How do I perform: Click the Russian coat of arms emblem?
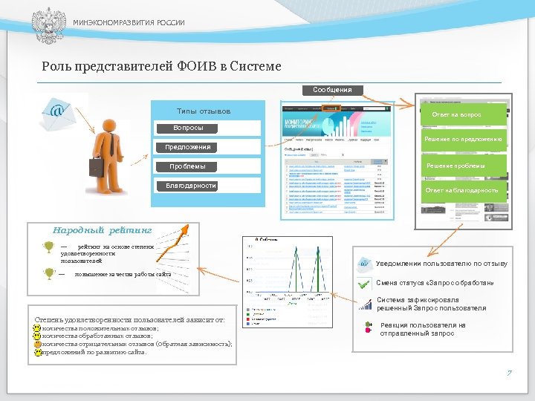[48, 23]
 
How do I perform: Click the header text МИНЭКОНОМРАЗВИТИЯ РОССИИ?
[129, 23]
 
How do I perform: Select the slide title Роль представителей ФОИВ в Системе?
[161, 67]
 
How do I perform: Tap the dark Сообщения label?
[332, 90]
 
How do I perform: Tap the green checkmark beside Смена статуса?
[364, 284]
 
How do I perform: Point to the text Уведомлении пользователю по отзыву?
[441, 264]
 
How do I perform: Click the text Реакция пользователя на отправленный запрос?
[424, 330]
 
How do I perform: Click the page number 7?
[509, 373]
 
